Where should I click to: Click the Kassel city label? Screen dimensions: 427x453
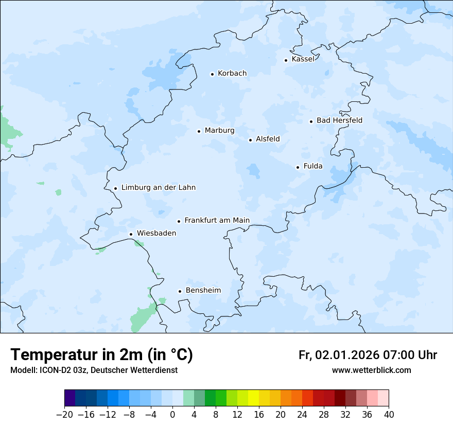coord(303,59)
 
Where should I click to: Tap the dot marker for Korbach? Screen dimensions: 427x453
coord(212,74)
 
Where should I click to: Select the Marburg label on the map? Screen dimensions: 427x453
coord(219,131)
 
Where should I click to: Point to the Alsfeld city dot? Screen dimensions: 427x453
coord(250,140)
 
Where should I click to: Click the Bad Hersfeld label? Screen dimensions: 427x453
coord(339,120)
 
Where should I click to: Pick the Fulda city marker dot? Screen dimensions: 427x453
coord(298,167)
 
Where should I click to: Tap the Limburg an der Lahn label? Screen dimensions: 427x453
coord(158,188)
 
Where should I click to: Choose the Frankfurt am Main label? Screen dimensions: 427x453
coord(217,221)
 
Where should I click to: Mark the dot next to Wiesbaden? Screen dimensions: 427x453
coord(131,234)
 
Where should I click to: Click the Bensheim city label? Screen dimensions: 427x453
coord(203,291)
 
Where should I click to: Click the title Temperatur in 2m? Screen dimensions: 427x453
coord(101,355)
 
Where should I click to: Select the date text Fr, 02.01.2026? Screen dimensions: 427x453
coord(339,355)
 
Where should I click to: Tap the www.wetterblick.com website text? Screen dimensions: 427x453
coord(371,370)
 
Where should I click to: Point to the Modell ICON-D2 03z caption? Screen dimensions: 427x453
coord(94,370)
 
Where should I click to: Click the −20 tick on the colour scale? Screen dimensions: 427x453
coord(64,415)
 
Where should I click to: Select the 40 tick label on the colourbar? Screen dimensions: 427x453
coord(389,415)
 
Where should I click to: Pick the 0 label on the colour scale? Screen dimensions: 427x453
coord(172,415)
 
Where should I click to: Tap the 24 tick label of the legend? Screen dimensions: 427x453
coord(302,415)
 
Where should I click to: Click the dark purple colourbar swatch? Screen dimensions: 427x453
coord(69,398)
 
